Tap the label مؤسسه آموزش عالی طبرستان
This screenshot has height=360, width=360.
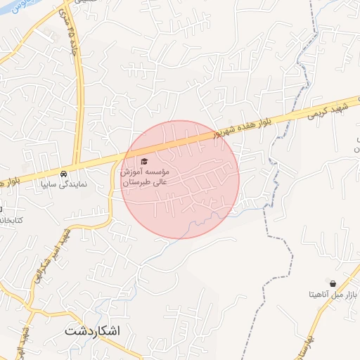pos(145,176)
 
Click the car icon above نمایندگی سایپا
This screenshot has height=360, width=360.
pos(64,173)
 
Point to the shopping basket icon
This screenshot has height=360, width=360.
pos(333,283)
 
